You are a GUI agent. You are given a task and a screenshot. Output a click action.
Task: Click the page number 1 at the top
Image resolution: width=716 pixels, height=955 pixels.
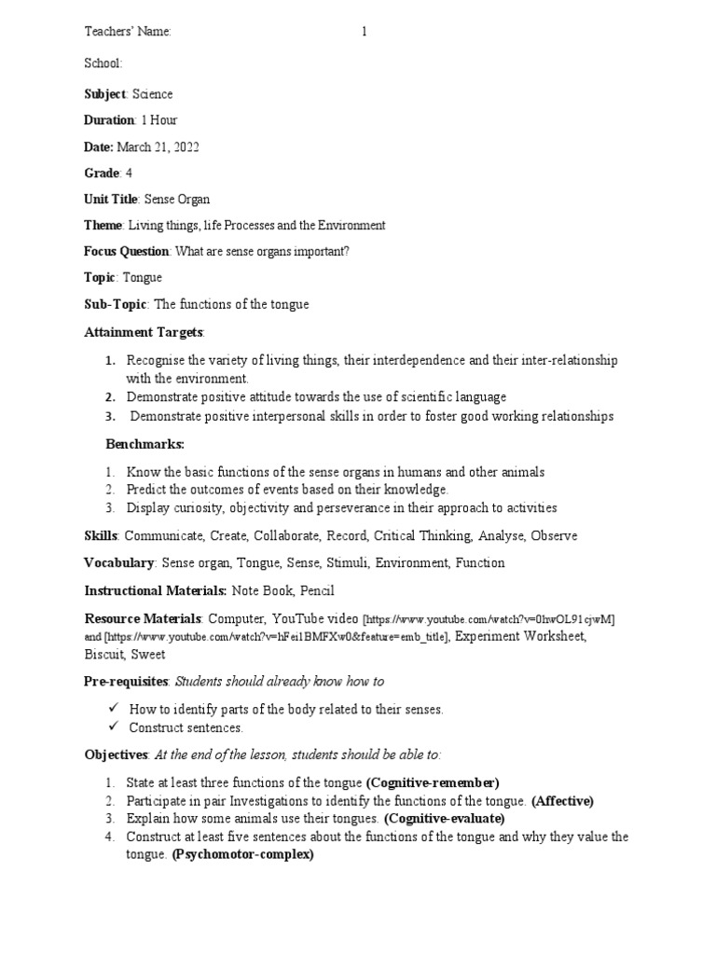365,33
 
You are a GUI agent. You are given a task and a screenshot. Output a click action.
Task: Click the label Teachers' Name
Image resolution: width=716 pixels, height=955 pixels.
128,33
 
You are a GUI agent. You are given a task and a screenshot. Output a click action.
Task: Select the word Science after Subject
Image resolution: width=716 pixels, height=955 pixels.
152,94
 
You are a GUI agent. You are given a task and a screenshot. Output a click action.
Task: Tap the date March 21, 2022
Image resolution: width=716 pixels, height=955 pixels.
158,147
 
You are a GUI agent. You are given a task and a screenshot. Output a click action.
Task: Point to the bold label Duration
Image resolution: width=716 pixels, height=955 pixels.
109,120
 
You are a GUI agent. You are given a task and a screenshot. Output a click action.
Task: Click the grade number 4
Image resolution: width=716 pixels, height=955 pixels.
129,173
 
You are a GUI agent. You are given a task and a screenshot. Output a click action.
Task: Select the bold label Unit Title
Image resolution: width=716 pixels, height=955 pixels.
111,200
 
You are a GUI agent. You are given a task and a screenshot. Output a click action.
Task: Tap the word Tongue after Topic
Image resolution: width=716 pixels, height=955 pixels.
142,278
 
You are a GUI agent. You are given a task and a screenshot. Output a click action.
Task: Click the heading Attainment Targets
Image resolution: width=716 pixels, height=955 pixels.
144,332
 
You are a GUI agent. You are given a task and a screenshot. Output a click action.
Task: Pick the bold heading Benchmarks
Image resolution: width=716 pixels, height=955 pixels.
145,444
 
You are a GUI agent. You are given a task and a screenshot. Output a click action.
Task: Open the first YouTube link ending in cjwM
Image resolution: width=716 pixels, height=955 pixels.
489,619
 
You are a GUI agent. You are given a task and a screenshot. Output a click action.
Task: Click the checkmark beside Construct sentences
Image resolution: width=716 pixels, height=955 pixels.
113,727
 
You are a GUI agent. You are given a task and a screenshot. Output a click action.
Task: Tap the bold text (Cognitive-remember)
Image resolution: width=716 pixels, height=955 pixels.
433,782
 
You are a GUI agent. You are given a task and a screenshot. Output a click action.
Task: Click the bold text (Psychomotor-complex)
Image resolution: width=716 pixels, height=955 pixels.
242,854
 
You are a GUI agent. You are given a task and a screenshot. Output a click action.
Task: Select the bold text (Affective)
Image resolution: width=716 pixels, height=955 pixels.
562,800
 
